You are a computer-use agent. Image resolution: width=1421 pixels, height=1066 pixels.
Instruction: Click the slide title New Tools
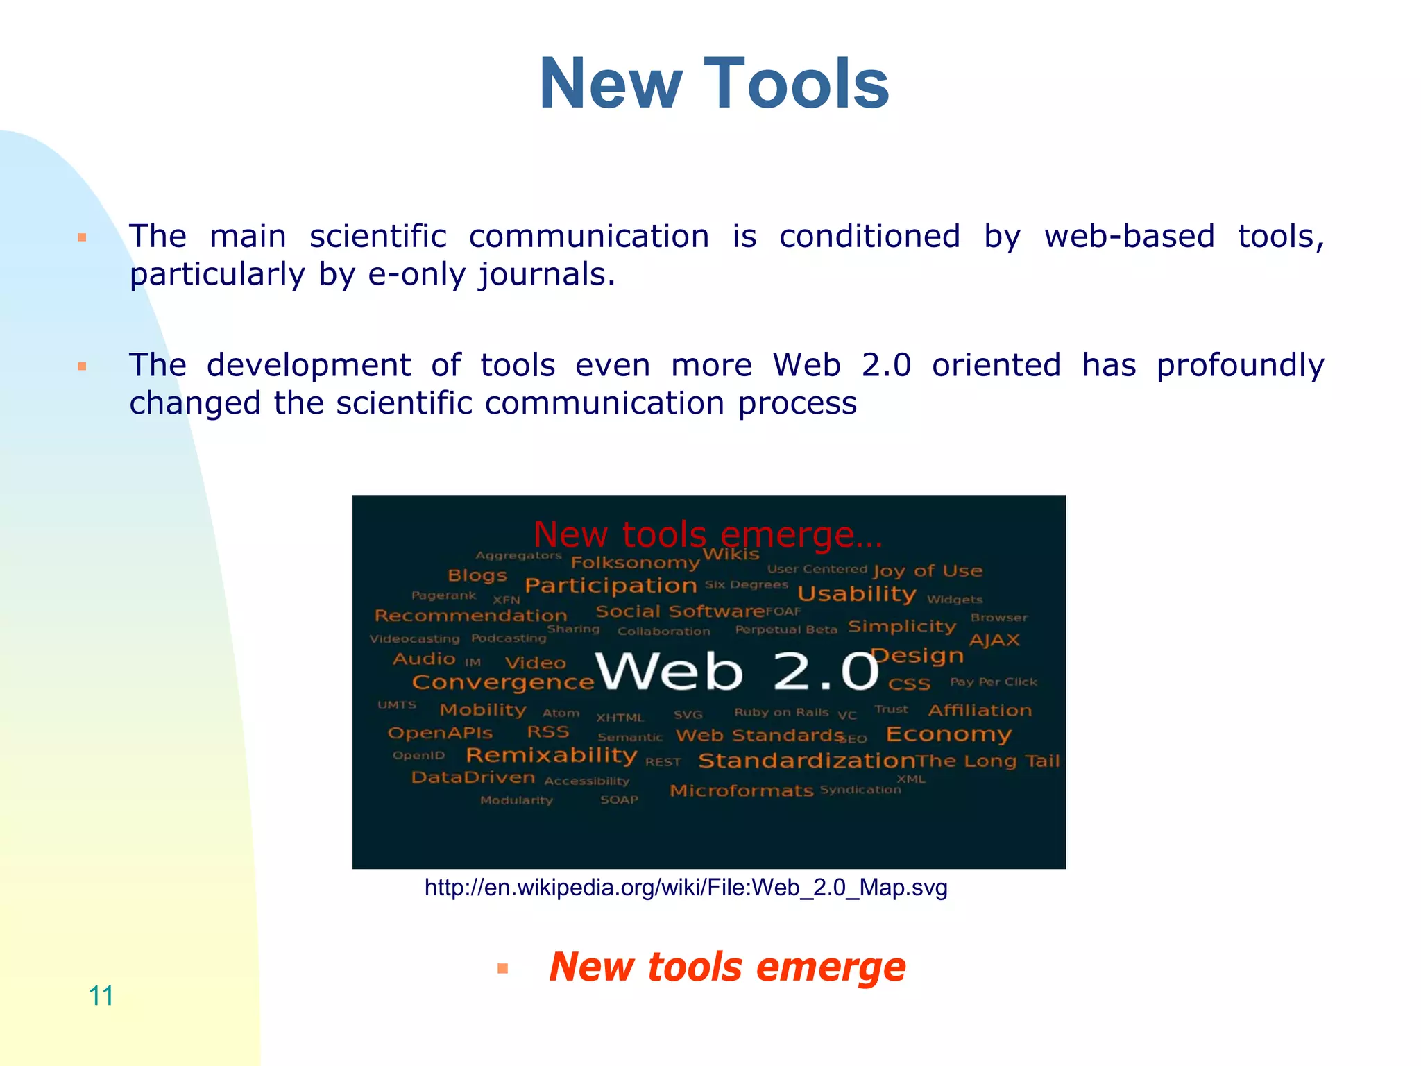713,84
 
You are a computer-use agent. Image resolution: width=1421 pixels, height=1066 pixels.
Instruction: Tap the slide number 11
101,995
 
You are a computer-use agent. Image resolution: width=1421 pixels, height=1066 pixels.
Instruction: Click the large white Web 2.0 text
737,672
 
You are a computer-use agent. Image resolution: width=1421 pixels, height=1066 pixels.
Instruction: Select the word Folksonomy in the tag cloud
635,562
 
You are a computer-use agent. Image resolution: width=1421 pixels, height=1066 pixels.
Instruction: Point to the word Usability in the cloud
857,594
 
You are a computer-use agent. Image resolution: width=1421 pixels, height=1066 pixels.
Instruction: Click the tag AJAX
994,640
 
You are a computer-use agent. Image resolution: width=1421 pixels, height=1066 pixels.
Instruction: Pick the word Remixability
552,755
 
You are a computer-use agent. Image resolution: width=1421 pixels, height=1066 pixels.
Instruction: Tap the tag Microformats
741,790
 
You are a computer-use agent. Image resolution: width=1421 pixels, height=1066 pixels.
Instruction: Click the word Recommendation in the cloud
471,616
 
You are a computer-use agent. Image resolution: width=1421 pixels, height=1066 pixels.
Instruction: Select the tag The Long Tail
988,761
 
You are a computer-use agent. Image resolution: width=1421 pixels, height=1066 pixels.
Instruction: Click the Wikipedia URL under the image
686,888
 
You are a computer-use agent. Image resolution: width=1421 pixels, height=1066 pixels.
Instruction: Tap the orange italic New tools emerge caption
727,967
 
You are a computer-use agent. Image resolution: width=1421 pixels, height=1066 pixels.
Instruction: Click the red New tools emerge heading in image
708,535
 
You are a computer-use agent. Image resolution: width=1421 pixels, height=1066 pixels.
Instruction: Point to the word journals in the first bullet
546,275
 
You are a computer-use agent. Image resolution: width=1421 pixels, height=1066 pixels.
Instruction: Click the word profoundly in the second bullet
1240,366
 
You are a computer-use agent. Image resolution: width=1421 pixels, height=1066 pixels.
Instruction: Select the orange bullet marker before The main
82,238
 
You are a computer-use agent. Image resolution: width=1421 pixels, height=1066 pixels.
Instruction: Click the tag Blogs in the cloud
477,575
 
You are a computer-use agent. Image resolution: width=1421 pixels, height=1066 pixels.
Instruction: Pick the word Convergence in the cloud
503,682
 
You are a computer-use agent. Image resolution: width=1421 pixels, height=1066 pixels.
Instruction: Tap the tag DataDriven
473,777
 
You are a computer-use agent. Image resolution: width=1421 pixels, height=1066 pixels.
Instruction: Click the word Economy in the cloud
948,734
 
